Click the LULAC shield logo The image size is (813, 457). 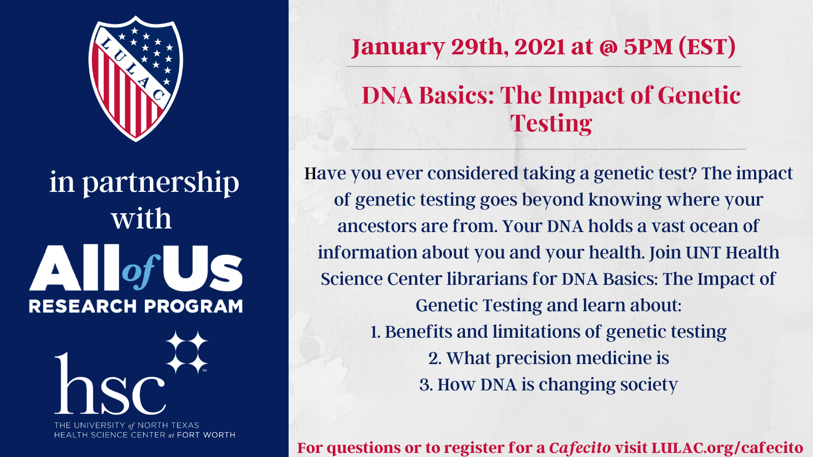136,78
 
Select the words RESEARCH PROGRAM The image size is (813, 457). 136,306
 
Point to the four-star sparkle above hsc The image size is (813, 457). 186,352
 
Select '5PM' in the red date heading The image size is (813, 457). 648,47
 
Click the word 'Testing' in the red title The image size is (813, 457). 551,123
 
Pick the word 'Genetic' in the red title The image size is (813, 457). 699,95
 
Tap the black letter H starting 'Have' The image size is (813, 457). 310,173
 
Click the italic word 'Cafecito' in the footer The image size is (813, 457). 580,448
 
